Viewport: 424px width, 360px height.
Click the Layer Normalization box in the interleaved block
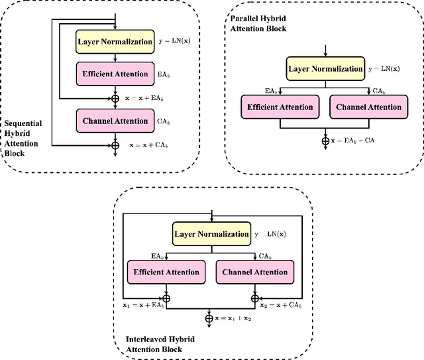tap(211, 234)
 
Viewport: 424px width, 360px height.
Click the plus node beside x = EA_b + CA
tap(325, 141)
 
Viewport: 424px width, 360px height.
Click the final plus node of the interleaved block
tap(211, 318)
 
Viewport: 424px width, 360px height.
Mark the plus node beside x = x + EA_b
tap(116, 97)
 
